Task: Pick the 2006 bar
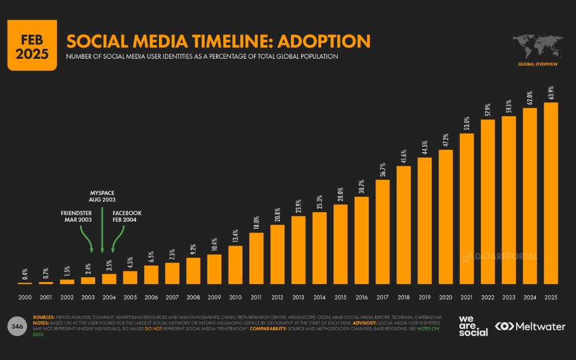[151, 275]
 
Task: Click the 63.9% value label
[551, 93]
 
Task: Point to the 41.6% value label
[404, 156]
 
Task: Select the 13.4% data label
[236, 236]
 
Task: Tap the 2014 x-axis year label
[319, 297]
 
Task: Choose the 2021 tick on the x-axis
[467, 297]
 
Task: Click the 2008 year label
[193, 297]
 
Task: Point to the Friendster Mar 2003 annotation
[77, 217]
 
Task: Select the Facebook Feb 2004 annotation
[126, 217]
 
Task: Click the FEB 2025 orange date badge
[32, 45]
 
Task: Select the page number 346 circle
[17, 327]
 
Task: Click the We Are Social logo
[473, 325]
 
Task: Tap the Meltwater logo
[530, 326]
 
